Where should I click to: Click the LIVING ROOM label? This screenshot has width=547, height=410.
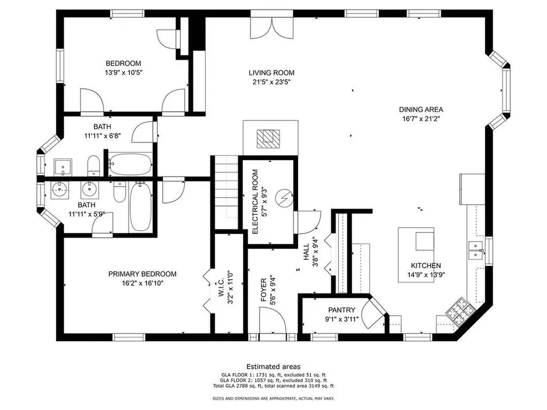271,73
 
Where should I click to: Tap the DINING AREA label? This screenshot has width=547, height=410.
421,109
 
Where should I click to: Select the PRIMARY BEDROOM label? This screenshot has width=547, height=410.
142,274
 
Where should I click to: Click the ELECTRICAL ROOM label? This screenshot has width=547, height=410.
255,202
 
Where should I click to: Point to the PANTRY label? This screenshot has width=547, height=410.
341,310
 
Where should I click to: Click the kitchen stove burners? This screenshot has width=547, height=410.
460,310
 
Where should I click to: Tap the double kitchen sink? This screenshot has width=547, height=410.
475,250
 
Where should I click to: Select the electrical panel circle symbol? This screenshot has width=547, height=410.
284,198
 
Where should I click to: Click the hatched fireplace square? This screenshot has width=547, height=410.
268,139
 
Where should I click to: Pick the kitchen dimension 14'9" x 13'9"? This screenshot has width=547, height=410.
426,275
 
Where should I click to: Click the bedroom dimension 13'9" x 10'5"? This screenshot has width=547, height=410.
123,73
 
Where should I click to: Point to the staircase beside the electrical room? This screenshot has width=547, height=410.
226,192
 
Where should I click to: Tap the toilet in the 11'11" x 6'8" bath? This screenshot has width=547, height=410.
93,165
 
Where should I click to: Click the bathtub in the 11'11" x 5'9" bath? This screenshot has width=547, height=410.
140,207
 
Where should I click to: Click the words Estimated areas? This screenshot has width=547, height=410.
273,367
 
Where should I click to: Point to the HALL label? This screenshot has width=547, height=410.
306,252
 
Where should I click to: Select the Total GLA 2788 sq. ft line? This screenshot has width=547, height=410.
273,386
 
